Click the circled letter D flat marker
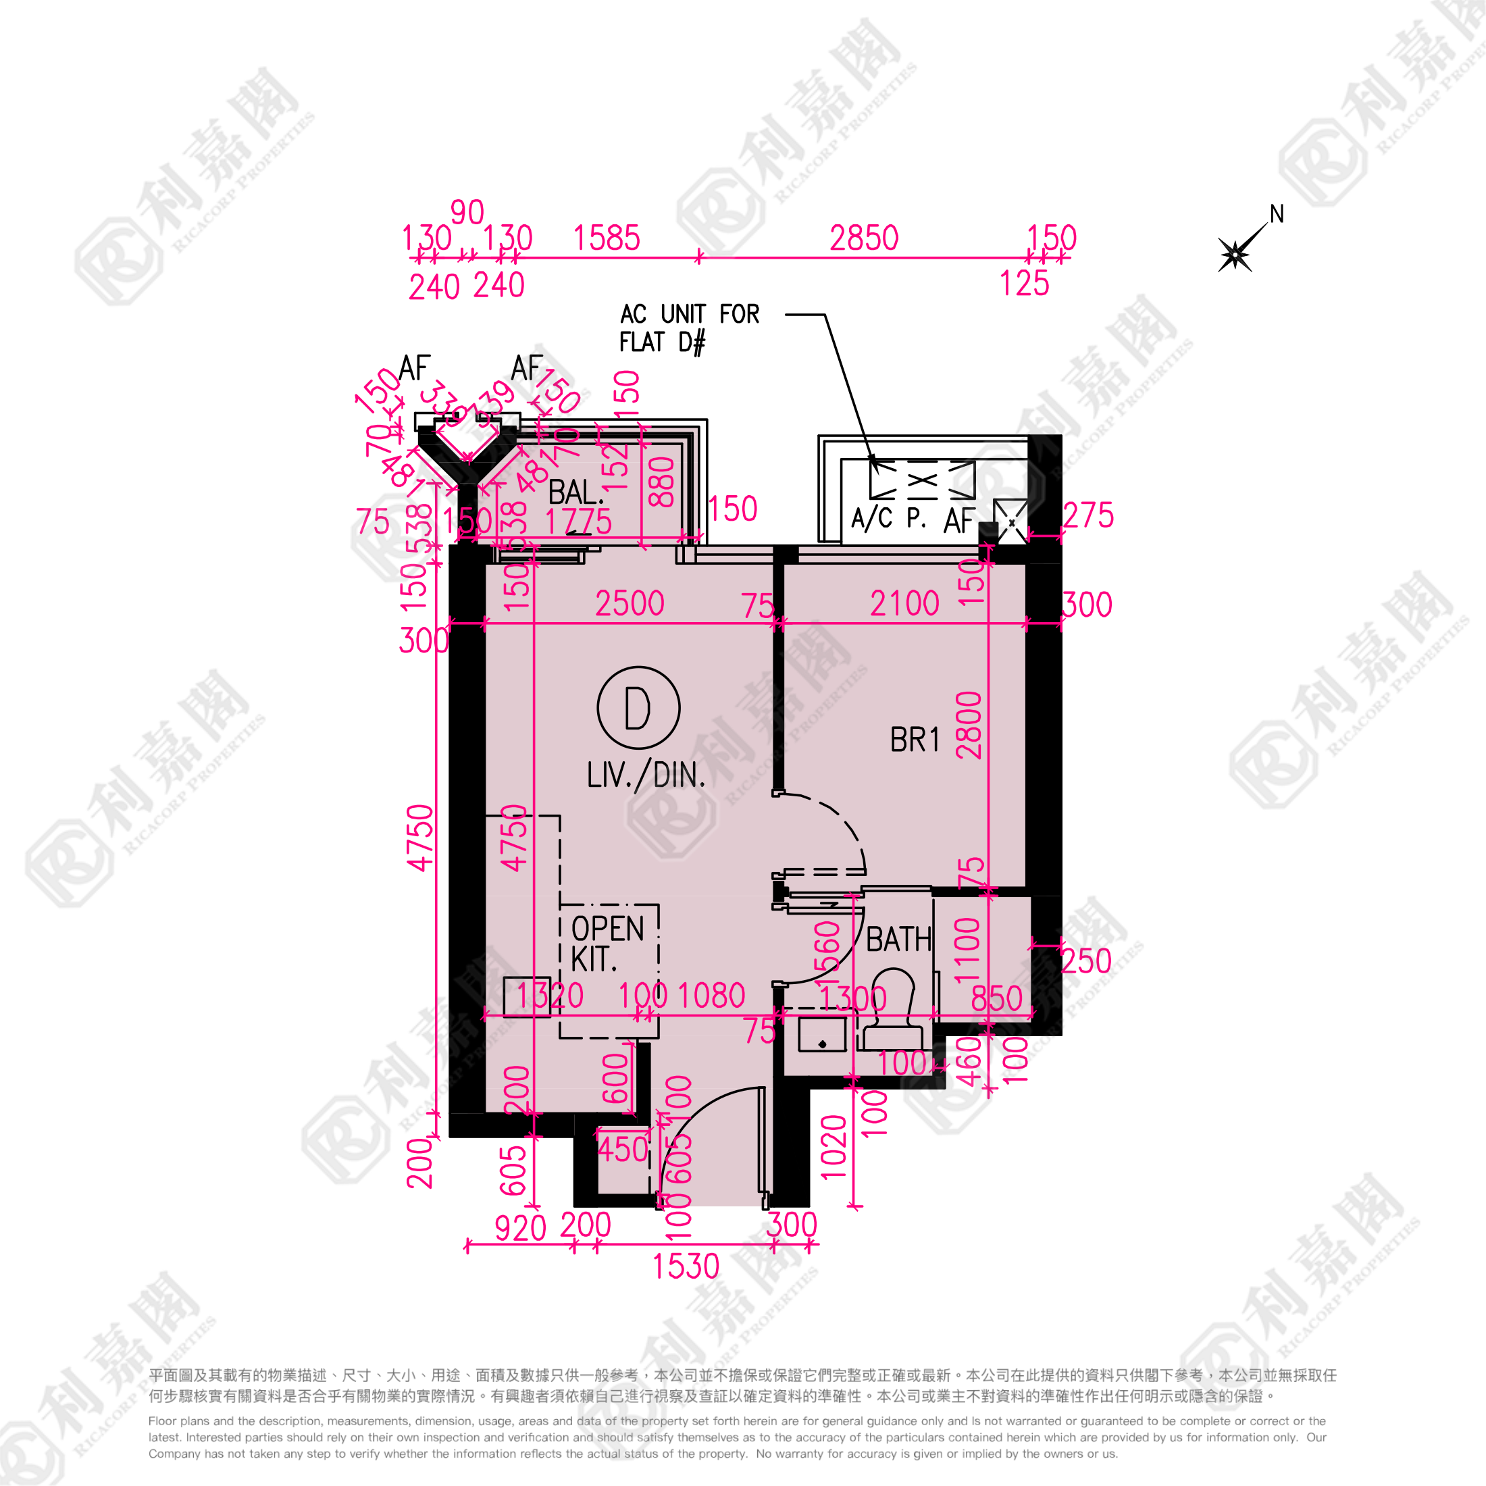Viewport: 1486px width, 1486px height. pyautogui.click(x=638, y=708)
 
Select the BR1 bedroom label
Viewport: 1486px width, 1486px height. pyautogui.click(x=915, y=740)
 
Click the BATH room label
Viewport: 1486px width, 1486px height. pyautogui.click(x=898, y=939)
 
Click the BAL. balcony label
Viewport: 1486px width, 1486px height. pyautogui.click(x=576, y=492)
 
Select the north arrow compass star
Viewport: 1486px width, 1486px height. pyautogui.click(x=1235, y=254)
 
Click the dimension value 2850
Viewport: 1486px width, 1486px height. pyautogui.click(x=864, y=238)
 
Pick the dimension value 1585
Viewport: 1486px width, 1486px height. pyautogui.click(x=606, y=238)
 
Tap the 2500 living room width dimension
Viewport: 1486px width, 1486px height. pyautogui.click(x=629, y=604)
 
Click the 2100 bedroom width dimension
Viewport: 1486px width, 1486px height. pyautogui.click(x=904, y=604)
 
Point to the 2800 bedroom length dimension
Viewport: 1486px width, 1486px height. pyautogui.click(x=969, y=725)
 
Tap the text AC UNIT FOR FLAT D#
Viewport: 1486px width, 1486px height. pyautogui.click(x=689, y=328)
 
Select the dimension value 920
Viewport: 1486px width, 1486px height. pyautogui.click(x=520, y=1229)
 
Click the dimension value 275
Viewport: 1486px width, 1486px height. pyautogui.click(x=1087, y=515)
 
